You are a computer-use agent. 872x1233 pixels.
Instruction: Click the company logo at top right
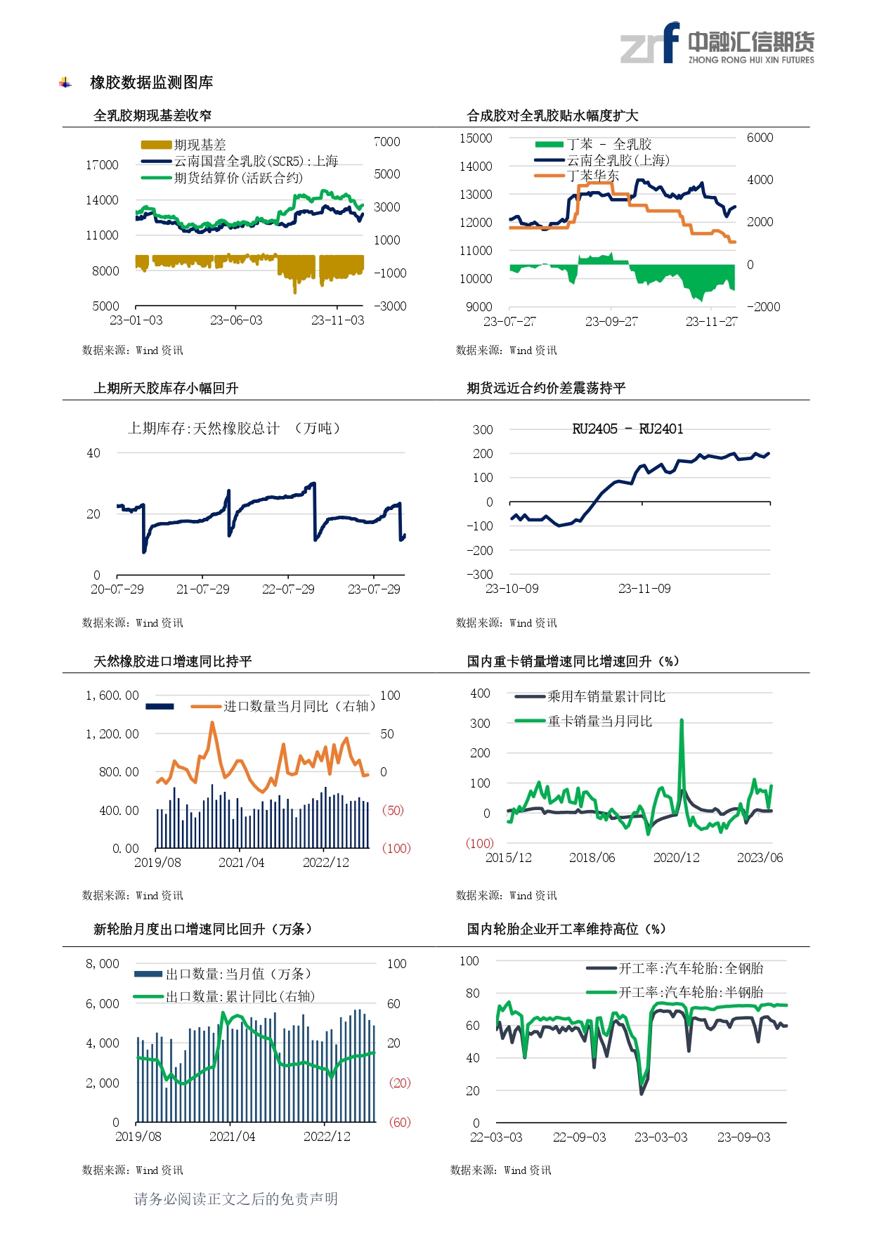point(717,44)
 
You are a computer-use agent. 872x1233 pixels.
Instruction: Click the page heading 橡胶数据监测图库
point(151,83)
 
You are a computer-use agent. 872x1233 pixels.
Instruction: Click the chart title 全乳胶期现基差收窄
point(152,116)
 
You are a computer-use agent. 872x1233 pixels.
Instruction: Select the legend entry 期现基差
point(200,145)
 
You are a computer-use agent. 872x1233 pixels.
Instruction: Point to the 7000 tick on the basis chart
point(386,142)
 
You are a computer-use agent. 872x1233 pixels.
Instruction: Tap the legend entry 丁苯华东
point(592,176)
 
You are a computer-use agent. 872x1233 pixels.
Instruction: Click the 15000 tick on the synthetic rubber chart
point(476,138)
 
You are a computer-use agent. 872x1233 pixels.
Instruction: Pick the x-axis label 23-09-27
point(611,322)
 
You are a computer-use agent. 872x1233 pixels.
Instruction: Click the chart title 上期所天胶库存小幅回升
point(166,389)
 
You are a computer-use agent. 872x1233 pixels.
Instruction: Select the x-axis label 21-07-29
point(202,589)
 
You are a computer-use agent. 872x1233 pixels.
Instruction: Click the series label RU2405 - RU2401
point(627,429)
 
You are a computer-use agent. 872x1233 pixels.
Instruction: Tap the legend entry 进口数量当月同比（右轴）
point(299,706)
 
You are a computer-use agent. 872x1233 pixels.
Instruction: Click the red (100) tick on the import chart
point(396,849)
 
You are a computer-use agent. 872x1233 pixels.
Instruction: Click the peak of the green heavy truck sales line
point(682,720)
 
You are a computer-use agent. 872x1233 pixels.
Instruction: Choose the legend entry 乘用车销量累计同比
point(606,697)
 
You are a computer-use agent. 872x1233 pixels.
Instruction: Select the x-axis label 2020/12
point(676,858)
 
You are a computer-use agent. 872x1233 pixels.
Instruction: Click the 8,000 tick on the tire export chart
point(103,964)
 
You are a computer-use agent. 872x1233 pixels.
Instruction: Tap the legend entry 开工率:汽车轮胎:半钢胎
point(690,993)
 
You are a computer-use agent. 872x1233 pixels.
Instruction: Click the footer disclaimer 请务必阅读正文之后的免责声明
point(236,1199)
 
